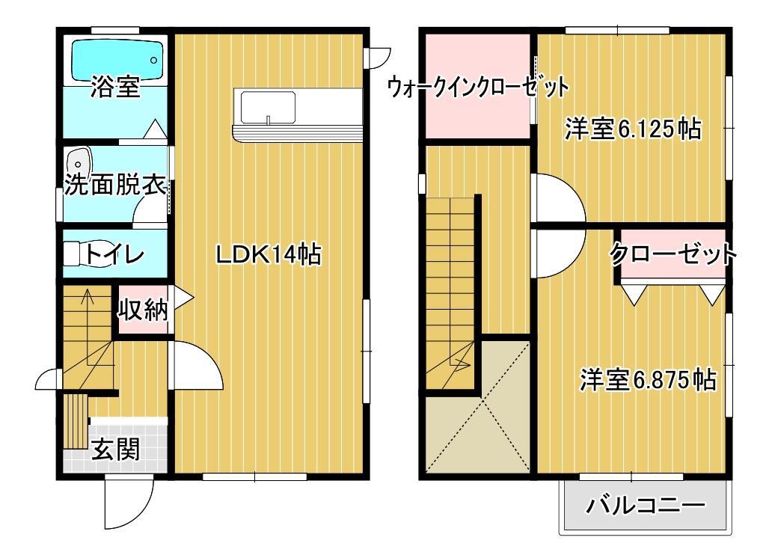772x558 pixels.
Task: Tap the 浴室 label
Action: (x=115, y=88)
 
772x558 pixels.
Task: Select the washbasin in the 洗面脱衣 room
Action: (x=79, y=162)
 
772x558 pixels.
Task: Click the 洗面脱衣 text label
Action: (x=114, y=185)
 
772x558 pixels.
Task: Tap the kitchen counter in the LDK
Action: (x=297, y=114)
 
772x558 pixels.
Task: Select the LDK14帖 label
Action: (x=269, y=255)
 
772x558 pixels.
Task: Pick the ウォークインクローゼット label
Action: (x=477, y=87)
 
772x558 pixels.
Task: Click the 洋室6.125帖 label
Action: (x=632, y=129)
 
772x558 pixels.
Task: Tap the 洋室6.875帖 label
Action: (x=648, y=380)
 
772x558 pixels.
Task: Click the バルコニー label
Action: (x=645, y=506)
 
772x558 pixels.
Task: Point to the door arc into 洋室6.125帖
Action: (x=557, y=196)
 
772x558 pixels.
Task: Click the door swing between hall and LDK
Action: (x=196, y=364)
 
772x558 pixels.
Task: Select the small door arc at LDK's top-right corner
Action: (x=379, y=57)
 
